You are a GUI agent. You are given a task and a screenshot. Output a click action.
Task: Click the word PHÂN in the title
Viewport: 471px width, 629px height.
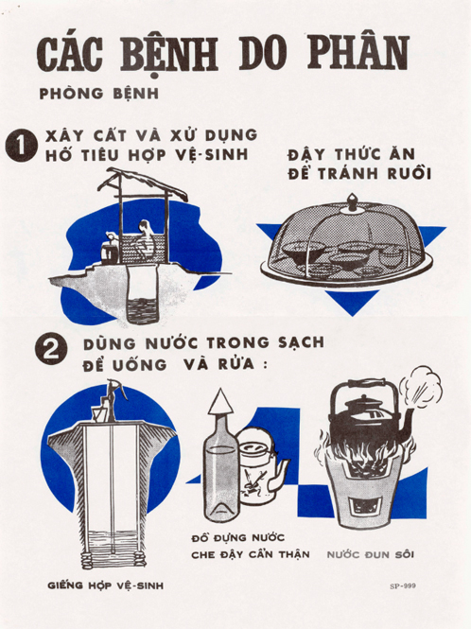(358, 54)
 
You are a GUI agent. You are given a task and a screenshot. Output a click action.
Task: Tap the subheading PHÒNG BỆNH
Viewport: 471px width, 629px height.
(99, 94)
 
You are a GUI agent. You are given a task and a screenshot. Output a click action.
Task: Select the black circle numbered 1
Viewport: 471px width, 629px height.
(21, 146)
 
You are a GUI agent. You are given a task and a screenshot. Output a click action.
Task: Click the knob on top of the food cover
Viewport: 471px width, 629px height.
(352, 202)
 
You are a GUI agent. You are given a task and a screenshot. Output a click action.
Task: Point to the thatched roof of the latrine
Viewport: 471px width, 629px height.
(145, 183)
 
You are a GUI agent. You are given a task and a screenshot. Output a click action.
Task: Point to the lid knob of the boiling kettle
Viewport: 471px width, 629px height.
(363, 398)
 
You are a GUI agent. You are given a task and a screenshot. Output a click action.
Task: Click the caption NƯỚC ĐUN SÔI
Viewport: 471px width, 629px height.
(371, 555)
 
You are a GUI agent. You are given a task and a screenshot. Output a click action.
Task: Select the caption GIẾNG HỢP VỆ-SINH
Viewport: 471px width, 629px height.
(106, 586)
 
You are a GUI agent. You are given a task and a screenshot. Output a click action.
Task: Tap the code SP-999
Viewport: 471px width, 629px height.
(403, 586)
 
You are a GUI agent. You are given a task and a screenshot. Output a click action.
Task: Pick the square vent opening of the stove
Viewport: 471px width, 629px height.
(364, 509)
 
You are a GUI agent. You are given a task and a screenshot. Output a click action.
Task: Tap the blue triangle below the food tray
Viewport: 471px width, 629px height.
(352, 302)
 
